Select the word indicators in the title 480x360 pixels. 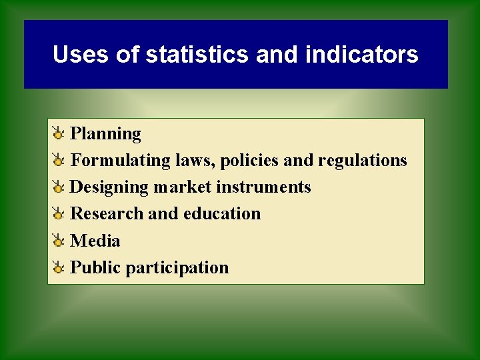[x=361, y=54]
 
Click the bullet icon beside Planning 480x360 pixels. [x=59, y=134]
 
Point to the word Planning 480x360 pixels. [x=105, y=134]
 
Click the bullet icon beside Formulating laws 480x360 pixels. [x=59, y=161]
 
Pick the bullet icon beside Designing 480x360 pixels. [x=59, y=187]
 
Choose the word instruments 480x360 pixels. [x=263, y=187]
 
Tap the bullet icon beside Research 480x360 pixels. [x=59, y=214]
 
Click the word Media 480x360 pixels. [x=95, y=241]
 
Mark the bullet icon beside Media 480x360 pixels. [x=59, y=241]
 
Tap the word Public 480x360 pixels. [x=95, y=267]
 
